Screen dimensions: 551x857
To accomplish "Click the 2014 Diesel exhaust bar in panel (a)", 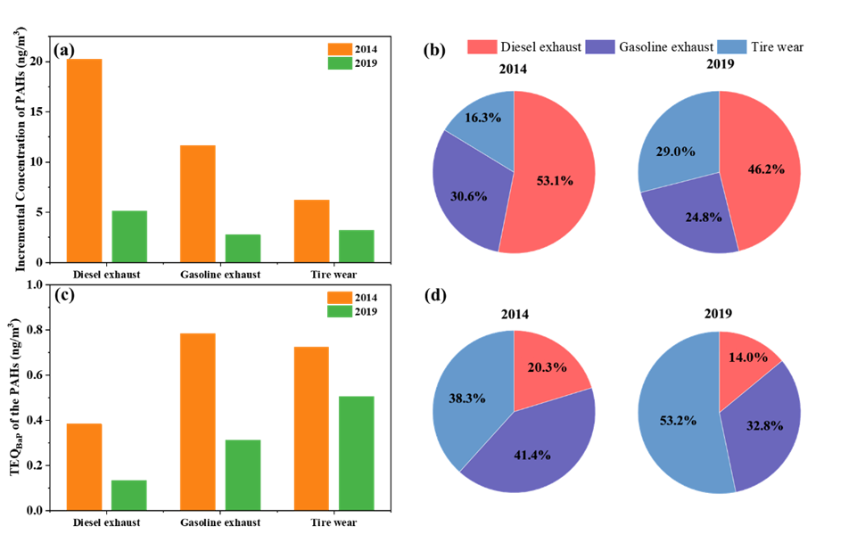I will pyautogui.click(x=84, y=160).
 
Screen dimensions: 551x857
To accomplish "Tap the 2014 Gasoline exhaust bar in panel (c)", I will pyautogui.click(x=198, y=422).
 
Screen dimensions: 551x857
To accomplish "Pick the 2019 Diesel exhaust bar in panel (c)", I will pyautogui.click(x=129, y=495).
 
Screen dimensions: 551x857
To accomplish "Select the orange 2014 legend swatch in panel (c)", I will pyautogui.click(x=340, y=297).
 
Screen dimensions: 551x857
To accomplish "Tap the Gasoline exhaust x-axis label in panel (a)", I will pyautogui.click(x=220, y=274).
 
